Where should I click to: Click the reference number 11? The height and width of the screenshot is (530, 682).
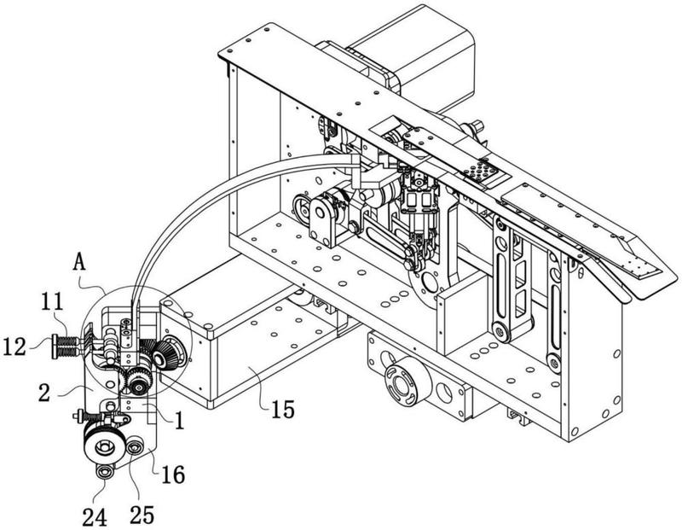click(52, 302)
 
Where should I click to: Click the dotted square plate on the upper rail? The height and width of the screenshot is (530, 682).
click(483, 170)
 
